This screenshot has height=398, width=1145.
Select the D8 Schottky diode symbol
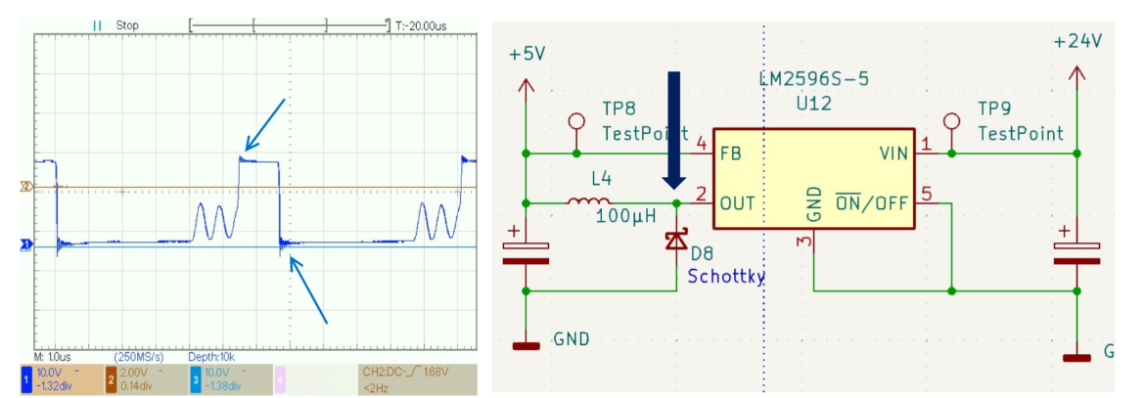click(x=676, y=241)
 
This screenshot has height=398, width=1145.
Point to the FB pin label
click(x=729, y=154)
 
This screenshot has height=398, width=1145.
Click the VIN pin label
click(x=893, y=154)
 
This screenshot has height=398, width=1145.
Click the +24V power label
click(x=1077, y=42)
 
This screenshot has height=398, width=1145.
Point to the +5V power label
click(x=527, y=54)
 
